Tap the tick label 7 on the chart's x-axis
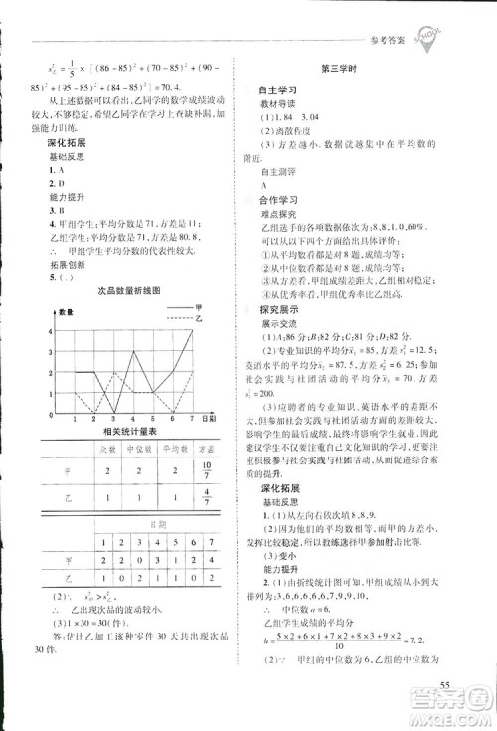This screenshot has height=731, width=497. (192, 421)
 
